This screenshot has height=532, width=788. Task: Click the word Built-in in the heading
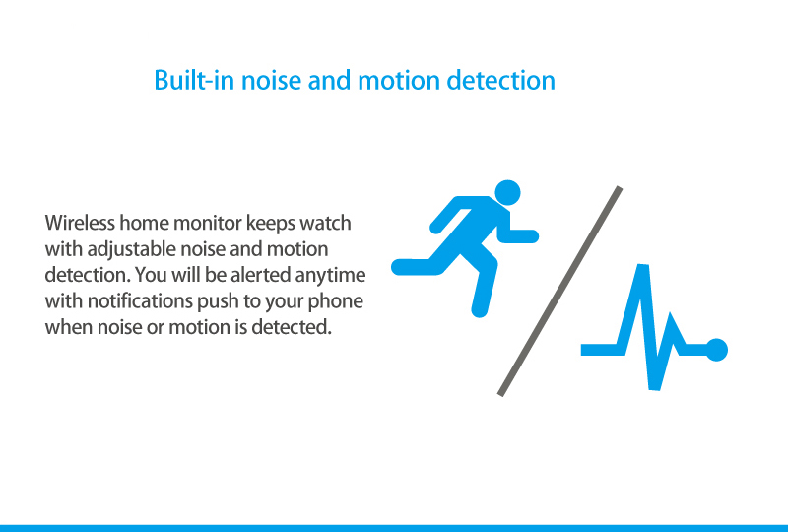[194, 81]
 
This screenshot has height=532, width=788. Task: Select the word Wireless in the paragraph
[80, 223]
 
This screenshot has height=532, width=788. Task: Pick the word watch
[325, 223]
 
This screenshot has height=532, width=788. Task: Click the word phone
[335, 302]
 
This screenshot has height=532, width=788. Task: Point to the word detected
[292, 327]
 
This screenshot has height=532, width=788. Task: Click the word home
[144, 223]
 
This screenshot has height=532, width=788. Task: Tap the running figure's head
[507, 192]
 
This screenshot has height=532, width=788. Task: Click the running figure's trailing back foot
[402, 267]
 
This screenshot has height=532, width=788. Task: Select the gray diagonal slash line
[559, 292]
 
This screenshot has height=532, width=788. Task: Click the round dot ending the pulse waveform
[716, 350]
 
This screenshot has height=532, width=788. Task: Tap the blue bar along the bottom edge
[394, 528]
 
